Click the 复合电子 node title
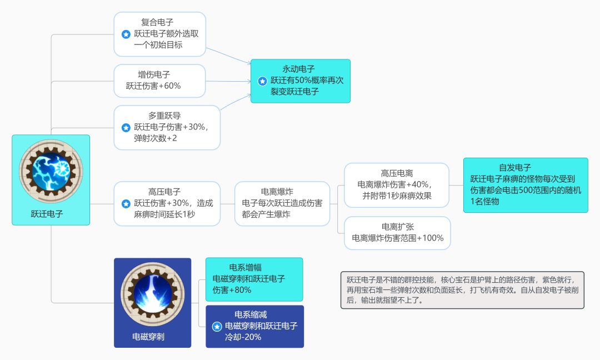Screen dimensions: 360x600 pyautogui.click(x=157, y=23)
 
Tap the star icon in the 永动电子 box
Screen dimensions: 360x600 pyautogui.click(x=262, y=81)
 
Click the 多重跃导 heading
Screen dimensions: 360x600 pyautogui.click(x=164, y=116)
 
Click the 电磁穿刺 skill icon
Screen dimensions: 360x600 pyautogui.click(x=152, y=294)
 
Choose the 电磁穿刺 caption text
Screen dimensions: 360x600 pyautogui.click(x=148, y=336)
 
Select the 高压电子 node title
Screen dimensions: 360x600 pyautogui.click(x=164, y=192)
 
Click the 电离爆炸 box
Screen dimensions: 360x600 pyautogui.click(x=282, y=203)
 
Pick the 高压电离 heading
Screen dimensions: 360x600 pyautogui.click(x=397, y=173)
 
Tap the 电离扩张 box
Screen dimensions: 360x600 pyautogui.click(x=397, y=233)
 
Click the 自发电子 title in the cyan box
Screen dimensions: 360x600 pyautogui.click(x=515, y=167)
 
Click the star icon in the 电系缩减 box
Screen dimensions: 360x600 pyautogui.click(x=217, y=326)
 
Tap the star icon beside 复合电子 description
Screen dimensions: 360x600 pyautogui.click(x=126, y=34)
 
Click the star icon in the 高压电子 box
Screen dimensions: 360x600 pyautogui.click(x=126, y=203)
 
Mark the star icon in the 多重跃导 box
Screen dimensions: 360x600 pyautogui.click(x=126, y=127)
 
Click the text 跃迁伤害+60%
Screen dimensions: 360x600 pyautogui.click(x=153, y=86)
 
